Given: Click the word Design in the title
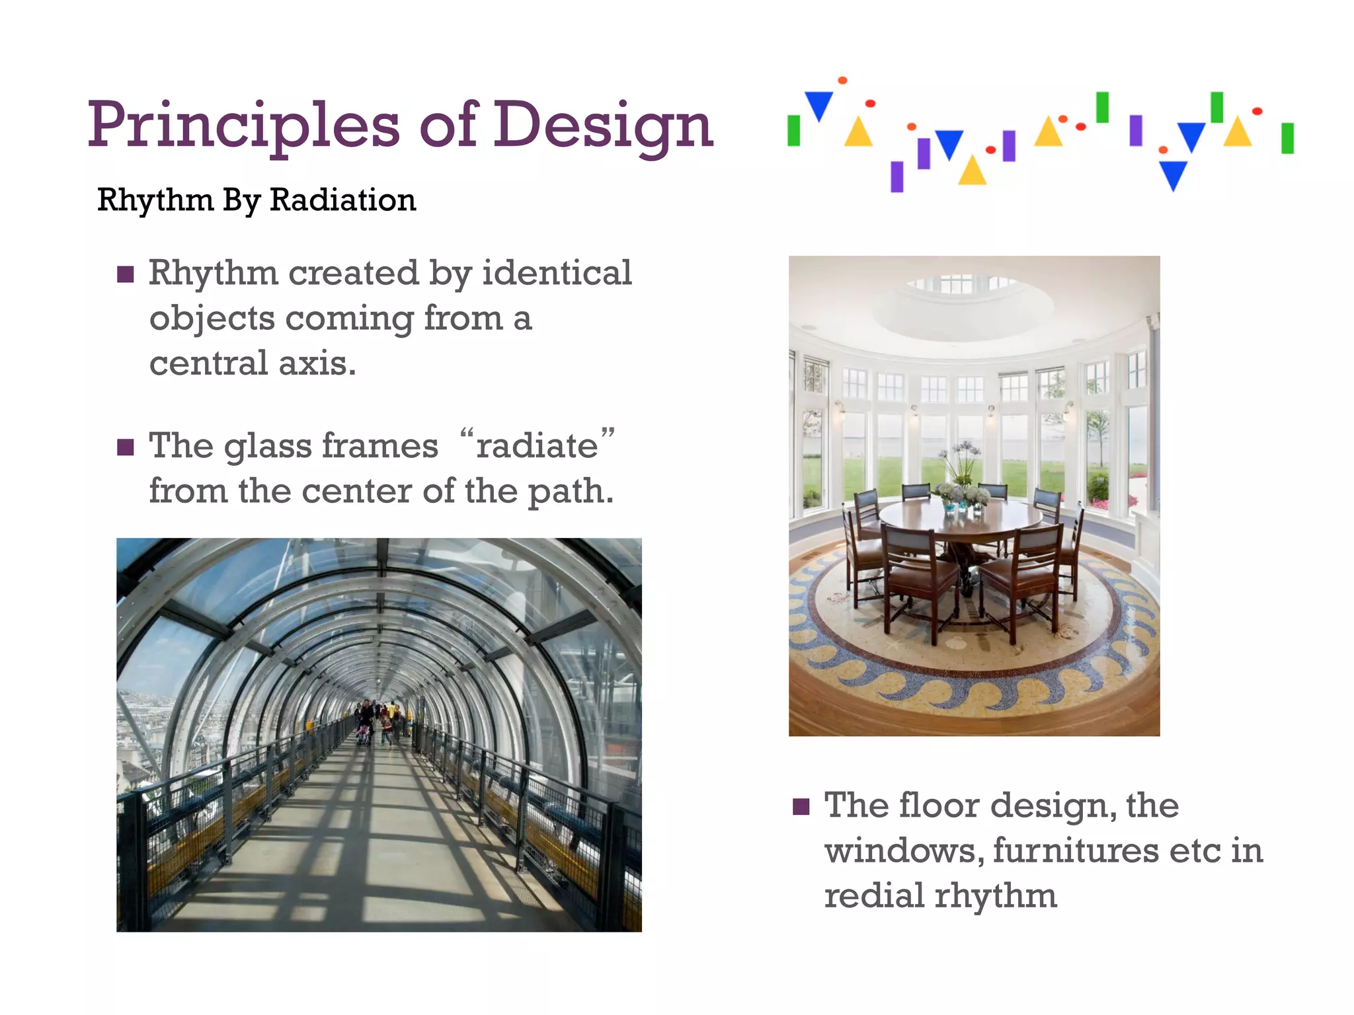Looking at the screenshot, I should [x=603, y=126].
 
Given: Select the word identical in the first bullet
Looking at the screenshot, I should [x=557, y=272].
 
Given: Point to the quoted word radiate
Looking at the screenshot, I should [x=537, y=445].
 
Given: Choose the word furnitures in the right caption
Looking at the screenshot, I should [x=1076, y=850].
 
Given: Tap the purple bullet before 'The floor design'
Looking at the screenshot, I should [x=801, y=807].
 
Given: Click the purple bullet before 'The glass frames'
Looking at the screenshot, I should [x=126, y=447].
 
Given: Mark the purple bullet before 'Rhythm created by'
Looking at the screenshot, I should [x=126, y=274].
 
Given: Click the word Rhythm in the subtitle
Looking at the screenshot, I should [x=155, y=200].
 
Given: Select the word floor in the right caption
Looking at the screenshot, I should [x=939, y=806].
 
